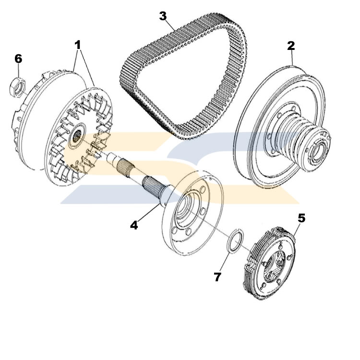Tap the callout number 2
click(x=291, y=46)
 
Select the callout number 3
click(x=163, y=16)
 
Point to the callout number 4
click(x=134, y=225)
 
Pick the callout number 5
click(x=301, y=218)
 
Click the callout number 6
click(x=18, y=59)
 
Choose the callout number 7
click(x=218, y=277)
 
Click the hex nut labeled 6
click(x=17, y=86)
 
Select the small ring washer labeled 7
click(x=234, y=240)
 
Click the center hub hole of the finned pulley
click(x=77, y=137)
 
